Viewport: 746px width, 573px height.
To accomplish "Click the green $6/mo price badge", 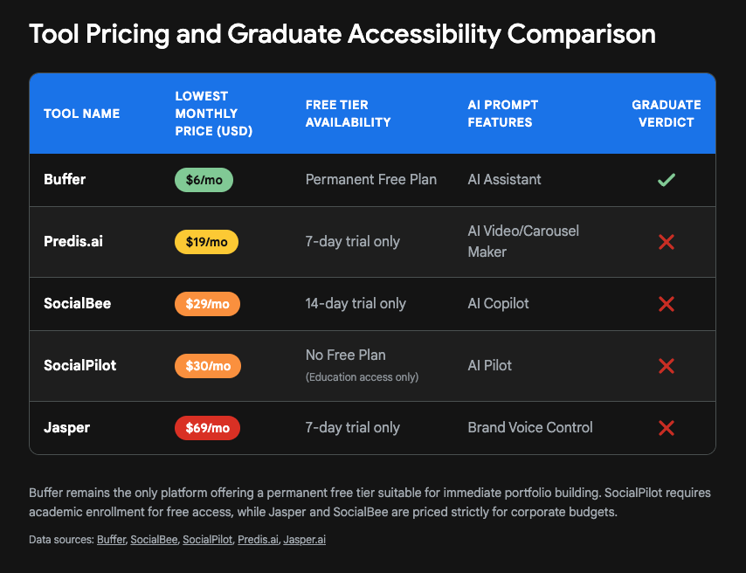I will (x=204, y=180).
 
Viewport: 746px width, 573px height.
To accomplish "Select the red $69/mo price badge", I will (x=207, y=428).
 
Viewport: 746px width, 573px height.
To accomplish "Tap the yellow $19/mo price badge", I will (x=206, y=242).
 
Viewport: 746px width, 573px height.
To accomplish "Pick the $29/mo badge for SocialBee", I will (x=207, y=304).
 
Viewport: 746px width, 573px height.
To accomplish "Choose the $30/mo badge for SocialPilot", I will (x=208, y=366).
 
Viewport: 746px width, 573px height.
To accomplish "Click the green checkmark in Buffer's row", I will (x=667, y=180).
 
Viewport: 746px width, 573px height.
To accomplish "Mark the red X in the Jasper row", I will (x=667, y=428).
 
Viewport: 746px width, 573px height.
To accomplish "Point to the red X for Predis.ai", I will (x=667, y=242).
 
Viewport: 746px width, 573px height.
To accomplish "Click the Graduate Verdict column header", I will (x=667, y=114).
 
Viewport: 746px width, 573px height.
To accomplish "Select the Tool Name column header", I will (x=82, y=114).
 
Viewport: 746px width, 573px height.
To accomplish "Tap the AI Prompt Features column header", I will (x=503, y=114).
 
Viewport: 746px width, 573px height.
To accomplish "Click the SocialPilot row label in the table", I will (x=80, y=365).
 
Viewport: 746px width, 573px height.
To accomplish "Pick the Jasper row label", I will (x=66, y=427).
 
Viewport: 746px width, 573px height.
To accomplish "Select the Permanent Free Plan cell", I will (x=371, y=179).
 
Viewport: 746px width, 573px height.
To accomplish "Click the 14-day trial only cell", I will (x=356, y=303).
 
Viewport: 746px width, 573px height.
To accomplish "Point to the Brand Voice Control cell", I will (x=530, y=427).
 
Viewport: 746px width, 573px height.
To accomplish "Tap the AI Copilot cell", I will (x=499, y=303).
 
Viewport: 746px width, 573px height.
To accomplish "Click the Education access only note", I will (x=363, y=377).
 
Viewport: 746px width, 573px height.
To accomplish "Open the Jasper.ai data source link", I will (x=305, y=540).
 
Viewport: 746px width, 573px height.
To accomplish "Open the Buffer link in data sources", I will (x=111, y=540).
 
